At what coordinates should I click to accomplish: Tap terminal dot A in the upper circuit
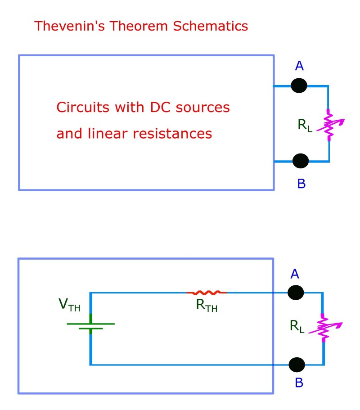299,86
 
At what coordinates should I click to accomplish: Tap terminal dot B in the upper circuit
301,160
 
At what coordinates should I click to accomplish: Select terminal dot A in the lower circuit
296,292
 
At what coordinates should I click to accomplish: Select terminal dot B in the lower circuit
297,364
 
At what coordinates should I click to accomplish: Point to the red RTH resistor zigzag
207,293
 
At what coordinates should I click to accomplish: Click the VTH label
70,305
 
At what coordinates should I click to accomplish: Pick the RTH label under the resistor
208,306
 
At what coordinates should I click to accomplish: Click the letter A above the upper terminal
300,67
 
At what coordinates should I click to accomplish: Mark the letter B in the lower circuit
298,383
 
